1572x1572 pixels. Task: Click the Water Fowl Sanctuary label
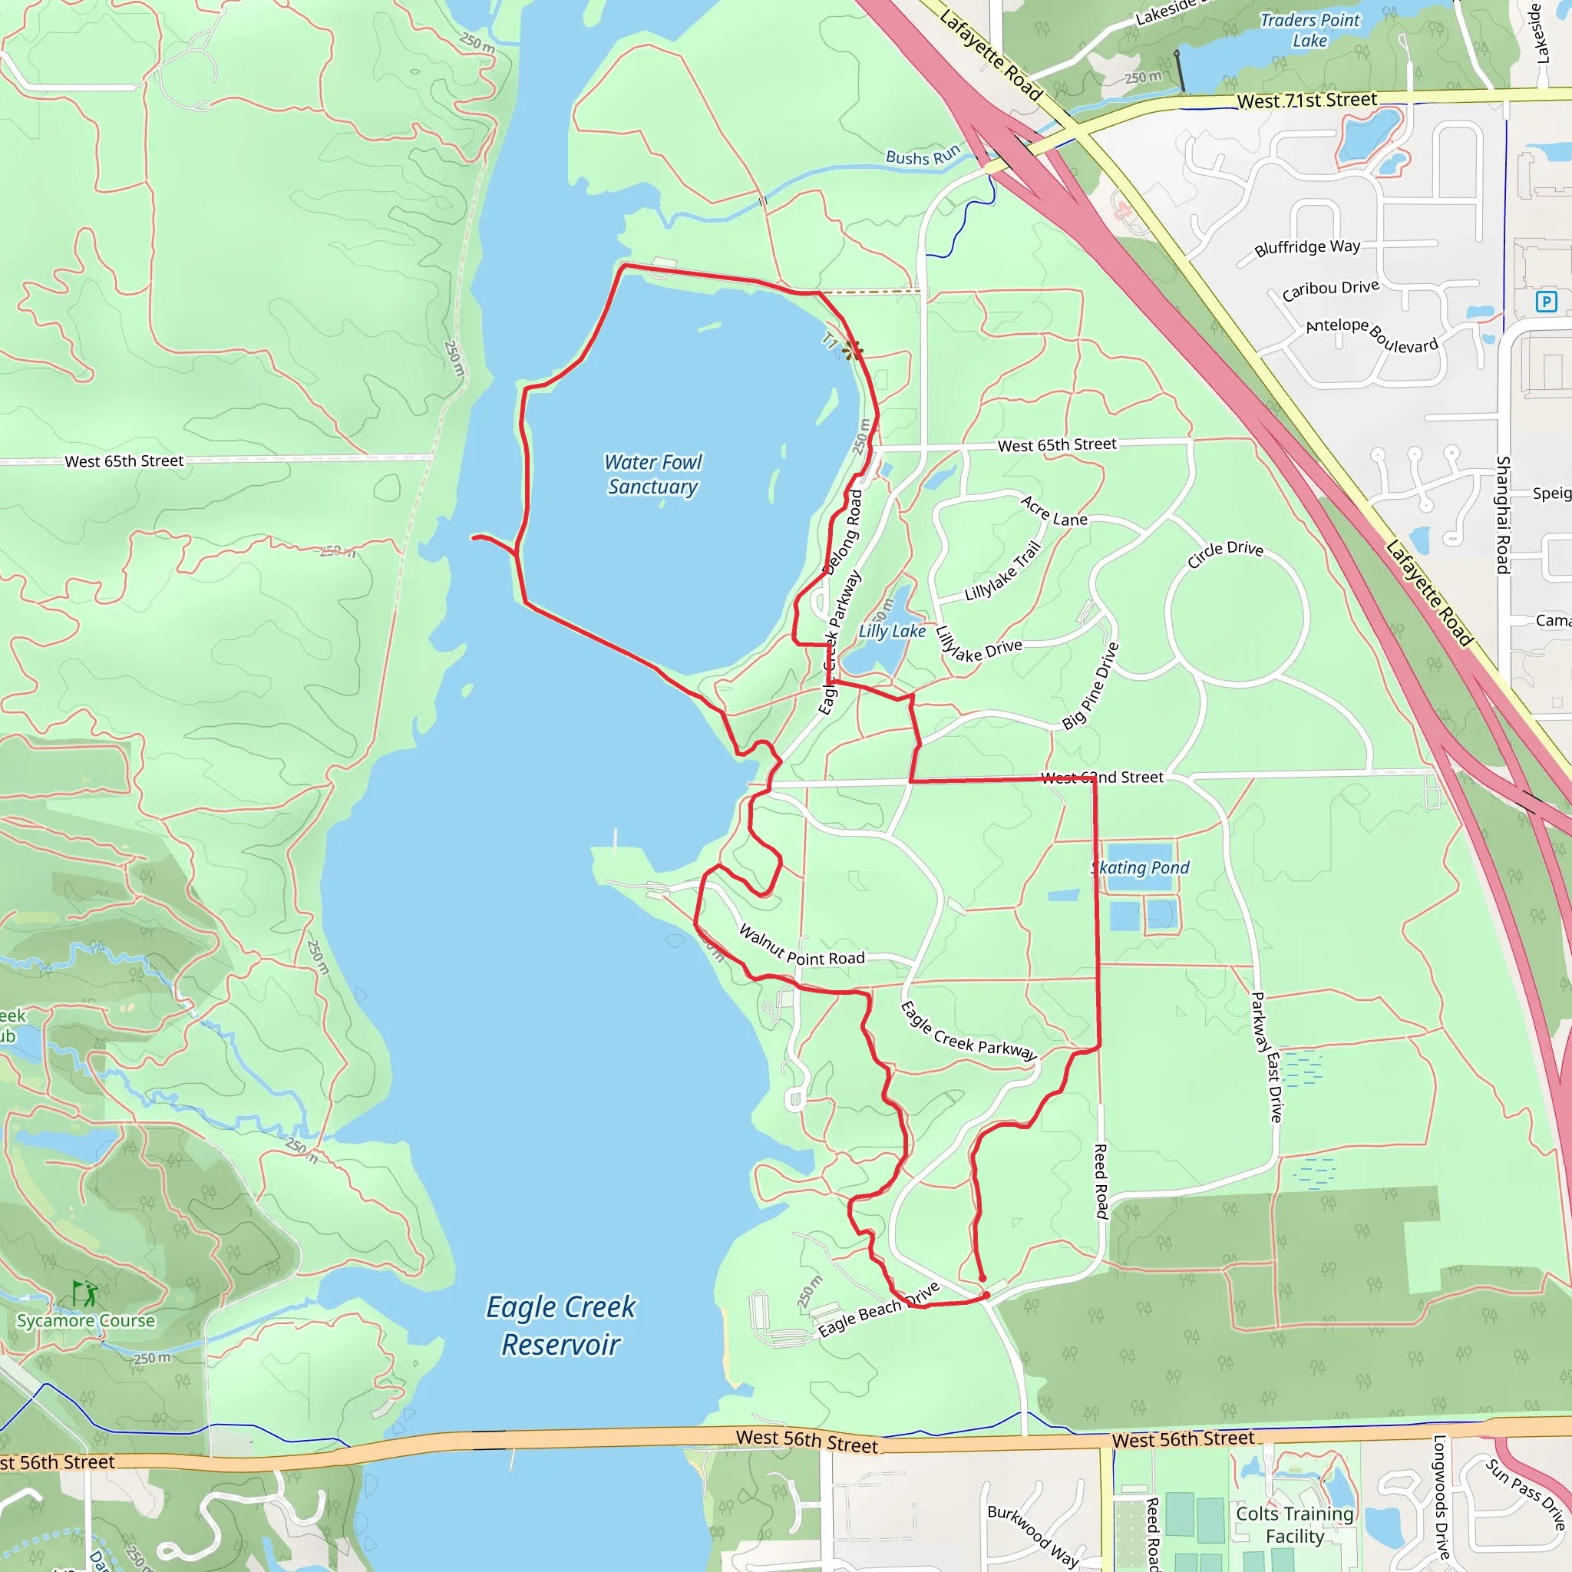point(652,474)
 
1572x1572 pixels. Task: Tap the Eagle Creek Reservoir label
point(560,1326)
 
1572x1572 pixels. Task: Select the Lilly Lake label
point(892,632)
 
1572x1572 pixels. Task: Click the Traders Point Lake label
point(1309,30)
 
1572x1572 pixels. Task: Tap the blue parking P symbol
point(1546,302)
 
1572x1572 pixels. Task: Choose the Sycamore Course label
point(85,1320)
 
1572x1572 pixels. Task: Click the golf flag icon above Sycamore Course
point(84,1293)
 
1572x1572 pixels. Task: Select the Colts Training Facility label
point(1295,1525)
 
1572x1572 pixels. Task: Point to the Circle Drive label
point(1224,553)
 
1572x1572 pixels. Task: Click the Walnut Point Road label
point(801,946)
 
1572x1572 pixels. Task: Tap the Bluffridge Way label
point(1306,247)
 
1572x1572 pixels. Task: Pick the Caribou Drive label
point(1330,289)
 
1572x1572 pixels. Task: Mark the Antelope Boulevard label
point(1372,335)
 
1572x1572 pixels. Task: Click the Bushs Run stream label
point(923,155)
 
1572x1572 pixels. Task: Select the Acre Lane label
point(1054,511)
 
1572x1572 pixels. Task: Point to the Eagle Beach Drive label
point(879,1309)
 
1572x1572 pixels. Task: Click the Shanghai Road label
point(1503,514)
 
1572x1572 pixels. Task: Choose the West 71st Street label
point(1306,100)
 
